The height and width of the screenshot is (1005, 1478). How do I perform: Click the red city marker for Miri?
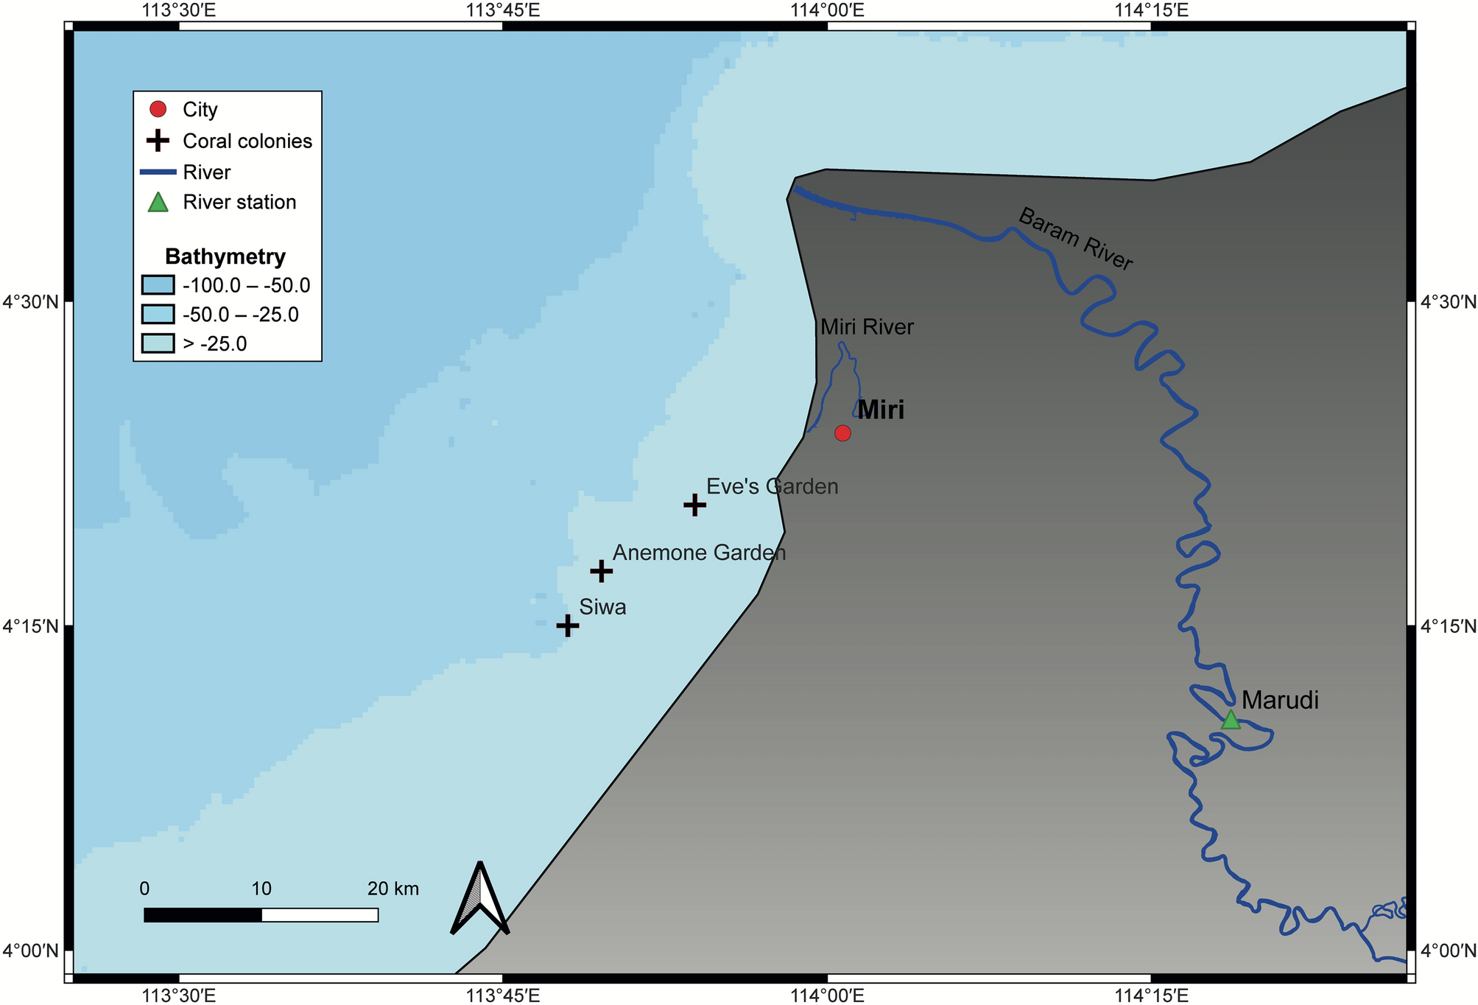(842, 433)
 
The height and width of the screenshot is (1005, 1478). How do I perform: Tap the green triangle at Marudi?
(1231, 720)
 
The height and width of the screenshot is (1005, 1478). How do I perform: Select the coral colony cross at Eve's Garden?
(694, 505)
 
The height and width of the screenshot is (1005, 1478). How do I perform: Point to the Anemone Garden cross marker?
(601, 571)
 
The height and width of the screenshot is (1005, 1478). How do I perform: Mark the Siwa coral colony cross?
(567, 626)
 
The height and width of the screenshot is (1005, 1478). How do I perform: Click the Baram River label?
(1075, 239)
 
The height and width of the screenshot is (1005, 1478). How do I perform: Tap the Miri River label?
(867, 327)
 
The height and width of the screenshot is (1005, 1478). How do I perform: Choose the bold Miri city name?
(881, 410)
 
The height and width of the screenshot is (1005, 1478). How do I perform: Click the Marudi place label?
(1280, 700)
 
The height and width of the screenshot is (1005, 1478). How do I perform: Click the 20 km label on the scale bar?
(393, 889)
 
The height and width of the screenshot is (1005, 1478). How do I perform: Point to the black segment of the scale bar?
(203, 915)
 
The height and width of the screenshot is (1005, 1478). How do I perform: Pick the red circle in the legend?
(158, 109)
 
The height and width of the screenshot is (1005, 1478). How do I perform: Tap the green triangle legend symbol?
(158, 203)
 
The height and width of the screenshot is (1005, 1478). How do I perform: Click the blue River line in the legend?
(158, 172)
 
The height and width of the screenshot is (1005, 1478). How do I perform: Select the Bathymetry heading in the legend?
(225, 256)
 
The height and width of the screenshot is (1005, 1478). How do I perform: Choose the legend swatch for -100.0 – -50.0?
(158, 285)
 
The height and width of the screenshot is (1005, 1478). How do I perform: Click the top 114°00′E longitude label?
(827, 10)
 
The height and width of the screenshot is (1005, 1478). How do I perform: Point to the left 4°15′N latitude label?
(31, 626)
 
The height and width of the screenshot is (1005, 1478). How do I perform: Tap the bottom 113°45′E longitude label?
(503, 995)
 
